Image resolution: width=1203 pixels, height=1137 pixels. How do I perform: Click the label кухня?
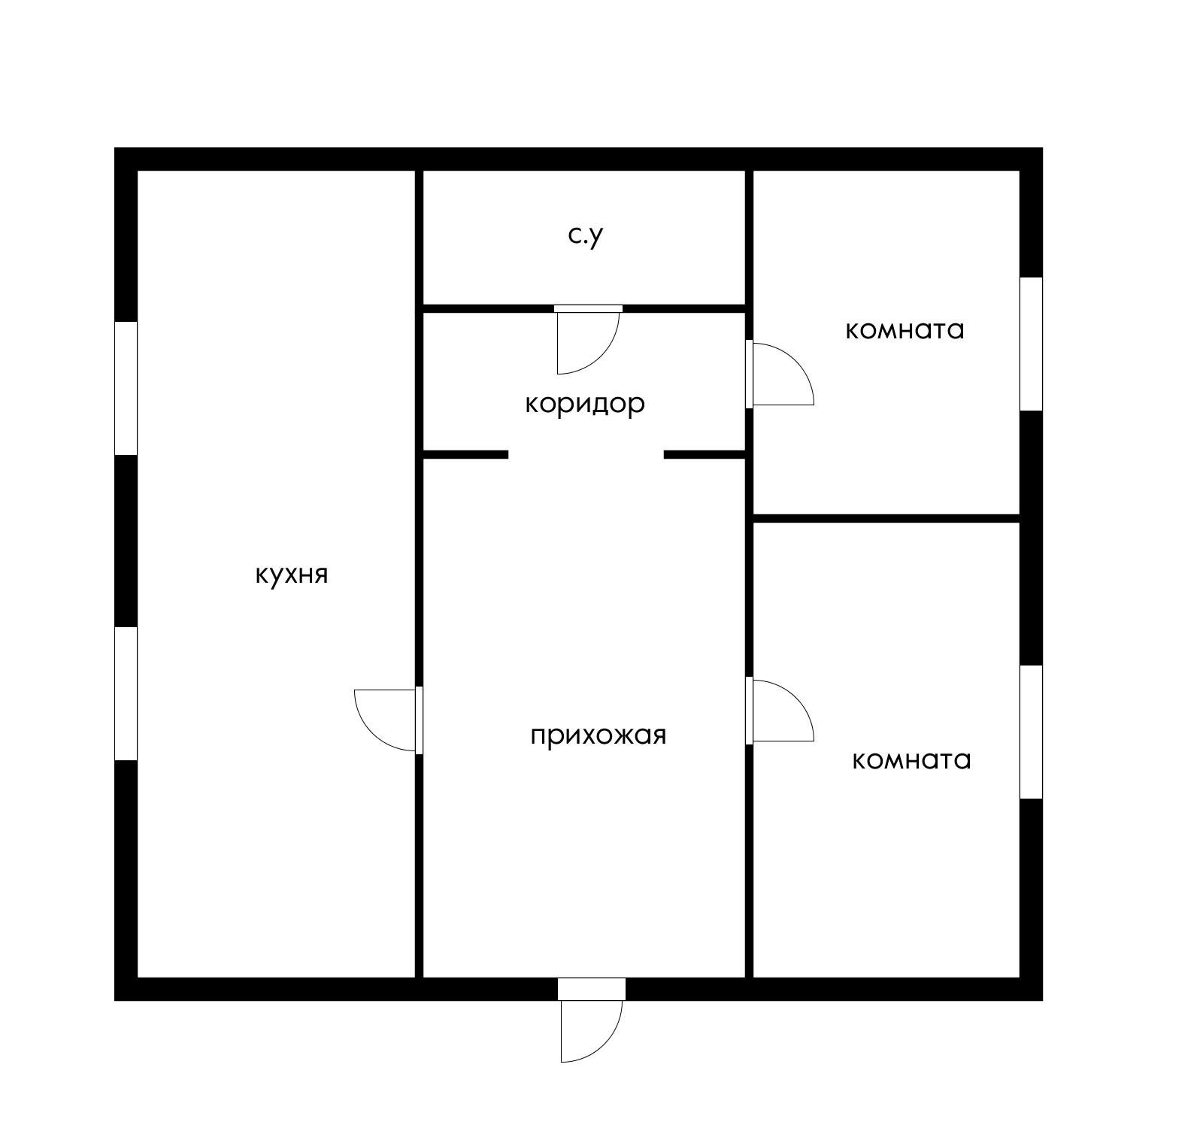coord(292,575)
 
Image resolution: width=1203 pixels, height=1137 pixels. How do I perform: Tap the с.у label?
coord(586,236)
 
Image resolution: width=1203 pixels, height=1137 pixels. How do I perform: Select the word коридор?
coord(585,405)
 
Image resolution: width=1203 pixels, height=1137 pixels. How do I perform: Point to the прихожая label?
coord(598,735)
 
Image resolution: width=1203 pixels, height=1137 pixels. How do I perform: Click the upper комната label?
coord(905,330)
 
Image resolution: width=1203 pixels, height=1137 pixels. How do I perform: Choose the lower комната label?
coord(911,760)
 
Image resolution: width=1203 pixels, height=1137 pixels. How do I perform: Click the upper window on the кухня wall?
coord(126,388)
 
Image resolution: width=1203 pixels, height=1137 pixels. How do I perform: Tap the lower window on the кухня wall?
coord(126,693)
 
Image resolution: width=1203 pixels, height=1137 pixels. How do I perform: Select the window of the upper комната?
coord(1031,344)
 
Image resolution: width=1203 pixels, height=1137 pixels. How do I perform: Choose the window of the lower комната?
coord(1031,732)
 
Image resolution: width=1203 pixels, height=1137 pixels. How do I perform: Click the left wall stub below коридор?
coord(465,454)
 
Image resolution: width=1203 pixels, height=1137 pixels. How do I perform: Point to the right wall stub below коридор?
coord(705,454)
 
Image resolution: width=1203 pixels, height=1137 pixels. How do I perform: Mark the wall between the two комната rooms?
coord(886,518)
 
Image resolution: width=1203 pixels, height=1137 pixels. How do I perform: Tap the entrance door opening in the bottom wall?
coord(591,989)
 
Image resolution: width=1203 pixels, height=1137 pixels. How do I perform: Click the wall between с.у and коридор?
coord(584,308)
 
